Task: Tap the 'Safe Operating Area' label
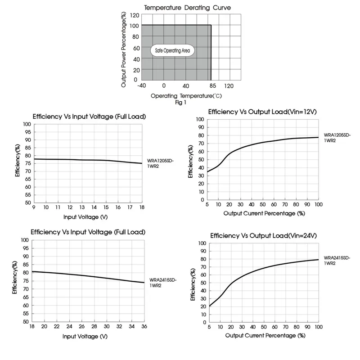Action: point(172,51)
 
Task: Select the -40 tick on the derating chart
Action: point(141,85)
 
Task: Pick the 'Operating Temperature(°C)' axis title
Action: point(186,96)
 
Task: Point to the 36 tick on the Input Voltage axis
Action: point(144,327)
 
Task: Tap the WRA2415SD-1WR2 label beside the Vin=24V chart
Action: point(337,261)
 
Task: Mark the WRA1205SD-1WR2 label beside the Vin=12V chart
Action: point(337,137)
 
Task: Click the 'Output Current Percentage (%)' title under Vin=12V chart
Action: point(264,213)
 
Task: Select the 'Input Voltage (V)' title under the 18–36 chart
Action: point(85,336)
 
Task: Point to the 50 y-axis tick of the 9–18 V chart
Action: point(27,202)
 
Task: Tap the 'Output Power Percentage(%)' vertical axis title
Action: point(123,49)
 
